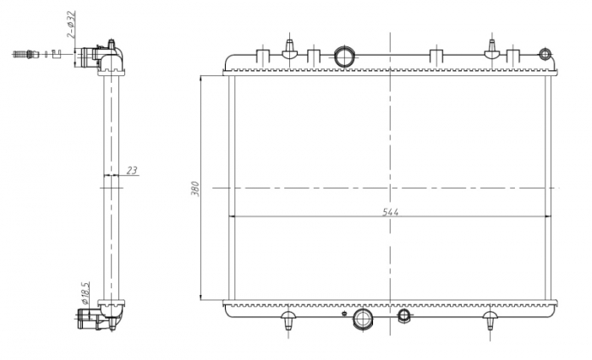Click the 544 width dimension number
tap(390, 211)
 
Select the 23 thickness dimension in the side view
tap(131, 171)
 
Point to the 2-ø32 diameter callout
tap(72, 25)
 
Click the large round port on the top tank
tap(347, 56)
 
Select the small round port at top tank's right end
tap(544, 52)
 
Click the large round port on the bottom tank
tap(365, 318)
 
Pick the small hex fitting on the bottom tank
tap(404, 316)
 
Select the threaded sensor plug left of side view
tap(26, 55)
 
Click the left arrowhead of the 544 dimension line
tap(234, 216)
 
